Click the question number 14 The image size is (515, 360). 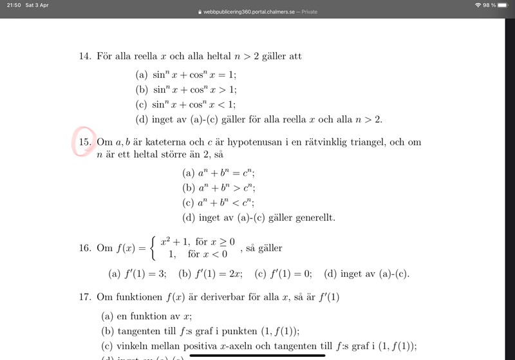click(x=84, y=57)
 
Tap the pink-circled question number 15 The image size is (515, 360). click(x=86, y=142)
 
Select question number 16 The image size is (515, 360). click(x=84, y=248)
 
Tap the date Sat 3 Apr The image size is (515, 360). click(x=37, y=5)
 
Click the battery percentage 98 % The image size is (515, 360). click(x=490, y=5)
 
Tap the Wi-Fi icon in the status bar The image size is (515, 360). click(x=478, y=5)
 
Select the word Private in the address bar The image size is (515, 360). click(x=309, y=12)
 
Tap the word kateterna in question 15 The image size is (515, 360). click(x=147, y=142)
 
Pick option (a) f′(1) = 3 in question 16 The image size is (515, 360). click(x=138, y=274)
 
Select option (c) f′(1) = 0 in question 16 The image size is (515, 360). click(x=283, y=274)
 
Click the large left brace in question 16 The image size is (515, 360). click(x=152, y=248)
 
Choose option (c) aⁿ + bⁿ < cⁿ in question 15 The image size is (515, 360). click(x=219, y=203)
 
